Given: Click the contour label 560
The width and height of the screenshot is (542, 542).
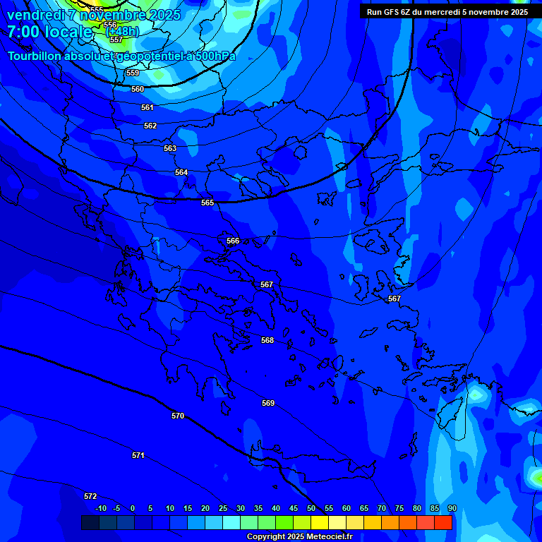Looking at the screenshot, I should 138,90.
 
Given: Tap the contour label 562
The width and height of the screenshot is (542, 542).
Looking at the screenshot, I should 150,126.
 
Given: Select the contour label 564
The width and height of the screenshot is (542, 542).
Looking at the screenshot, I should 181,173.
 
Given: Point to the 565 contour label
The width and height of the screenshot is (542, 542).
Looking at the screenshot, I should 207,203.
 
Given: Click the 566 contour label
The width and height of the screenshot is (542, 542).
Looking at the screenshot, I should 233,241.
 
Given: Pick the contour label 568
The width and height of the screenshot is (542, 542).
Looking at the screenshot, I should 267,341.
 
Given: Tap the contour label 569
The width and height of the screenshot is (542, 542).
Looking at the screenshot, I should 268,404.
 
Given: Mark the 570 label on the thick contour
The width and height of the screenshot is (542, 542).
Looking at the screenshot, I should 178,416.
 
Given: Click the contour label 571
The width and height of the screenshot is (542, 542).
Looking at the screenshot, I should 138,456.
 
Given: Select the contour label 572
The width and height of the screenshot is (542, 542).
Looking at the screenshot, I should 90,497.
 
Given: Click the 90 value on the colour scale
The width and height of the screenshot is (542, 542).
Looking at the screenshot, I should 452,509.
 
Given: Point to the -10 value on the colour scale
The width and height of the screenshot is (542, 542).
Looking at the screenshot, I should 101,509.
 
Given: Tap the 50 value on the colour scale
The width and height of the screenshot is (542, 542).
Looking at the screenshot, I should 311,509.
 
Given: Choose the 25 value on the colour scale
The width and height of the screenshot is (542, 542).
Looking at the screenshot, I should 223,509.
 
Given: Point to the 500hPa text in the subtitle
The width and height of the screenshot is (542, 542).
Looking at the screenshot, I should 212,56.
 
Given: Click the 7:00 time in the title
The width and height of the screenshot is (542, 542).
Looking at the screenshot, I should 23,32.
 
